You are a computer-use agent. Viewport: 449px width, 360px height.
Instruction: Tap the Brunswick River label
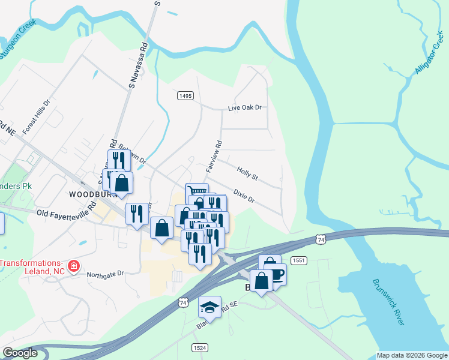[388, 302]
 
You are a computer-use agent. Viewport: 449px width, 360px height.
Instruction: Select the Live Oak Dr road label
[245, 108]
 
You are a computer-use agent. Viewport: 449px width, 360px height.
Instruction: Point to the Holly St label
[247, 174]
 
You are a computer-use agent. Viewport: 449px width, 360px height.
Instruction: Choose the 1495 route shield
[185, 96]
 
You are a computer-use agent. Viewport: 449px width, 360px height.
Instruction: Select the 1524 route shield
[200, 348]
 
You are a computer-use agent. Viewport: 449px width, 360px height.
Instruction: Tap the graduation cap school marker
[209, 307]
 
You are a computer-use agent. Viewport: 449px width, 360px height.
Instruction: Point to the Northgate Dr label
[105, 274]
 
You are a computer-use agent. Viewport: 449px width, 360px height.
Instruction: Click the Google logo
[20, 353]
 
